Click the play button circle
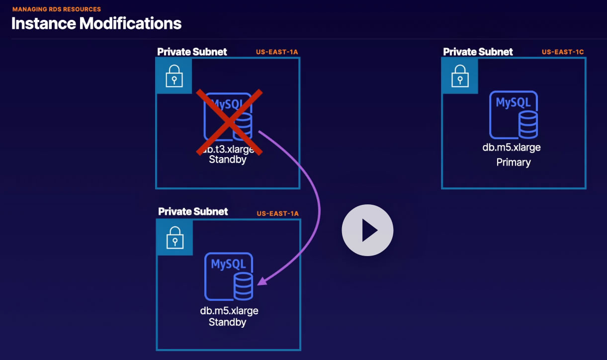coord(367,230)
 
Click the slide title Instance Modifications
coord(96,23)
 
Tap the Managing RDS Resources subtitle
coord(57,9)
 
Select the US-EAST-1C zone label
coord(563,52)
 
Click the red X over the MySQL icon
coord(229,122)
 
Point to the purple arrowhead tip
coord(258,284)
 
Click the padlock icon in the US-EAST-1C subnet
coord(460,76)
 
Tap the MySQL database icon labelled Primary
coord(514,115)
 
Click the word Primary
coord(514,163)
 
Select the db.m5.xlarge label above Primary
coord(512,148)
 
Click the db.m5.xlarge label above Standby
coord(229,311)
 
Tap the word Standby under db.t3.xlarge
coord(228,160)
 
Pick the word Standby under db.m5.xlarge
coord(227,322)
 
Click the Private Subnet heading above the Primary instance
coord(478,52)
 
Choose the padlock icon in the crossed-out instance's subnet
coord(174,76)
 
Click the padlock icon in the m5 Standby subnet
coord(175,238)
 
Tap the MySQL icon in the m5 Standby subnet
coord(229,276)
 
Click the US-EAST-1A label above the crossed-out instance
coord(277,52)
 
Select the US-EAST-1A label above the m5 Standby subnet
coord(277,214)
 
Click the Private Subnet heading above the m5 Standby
coord(193,211)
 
